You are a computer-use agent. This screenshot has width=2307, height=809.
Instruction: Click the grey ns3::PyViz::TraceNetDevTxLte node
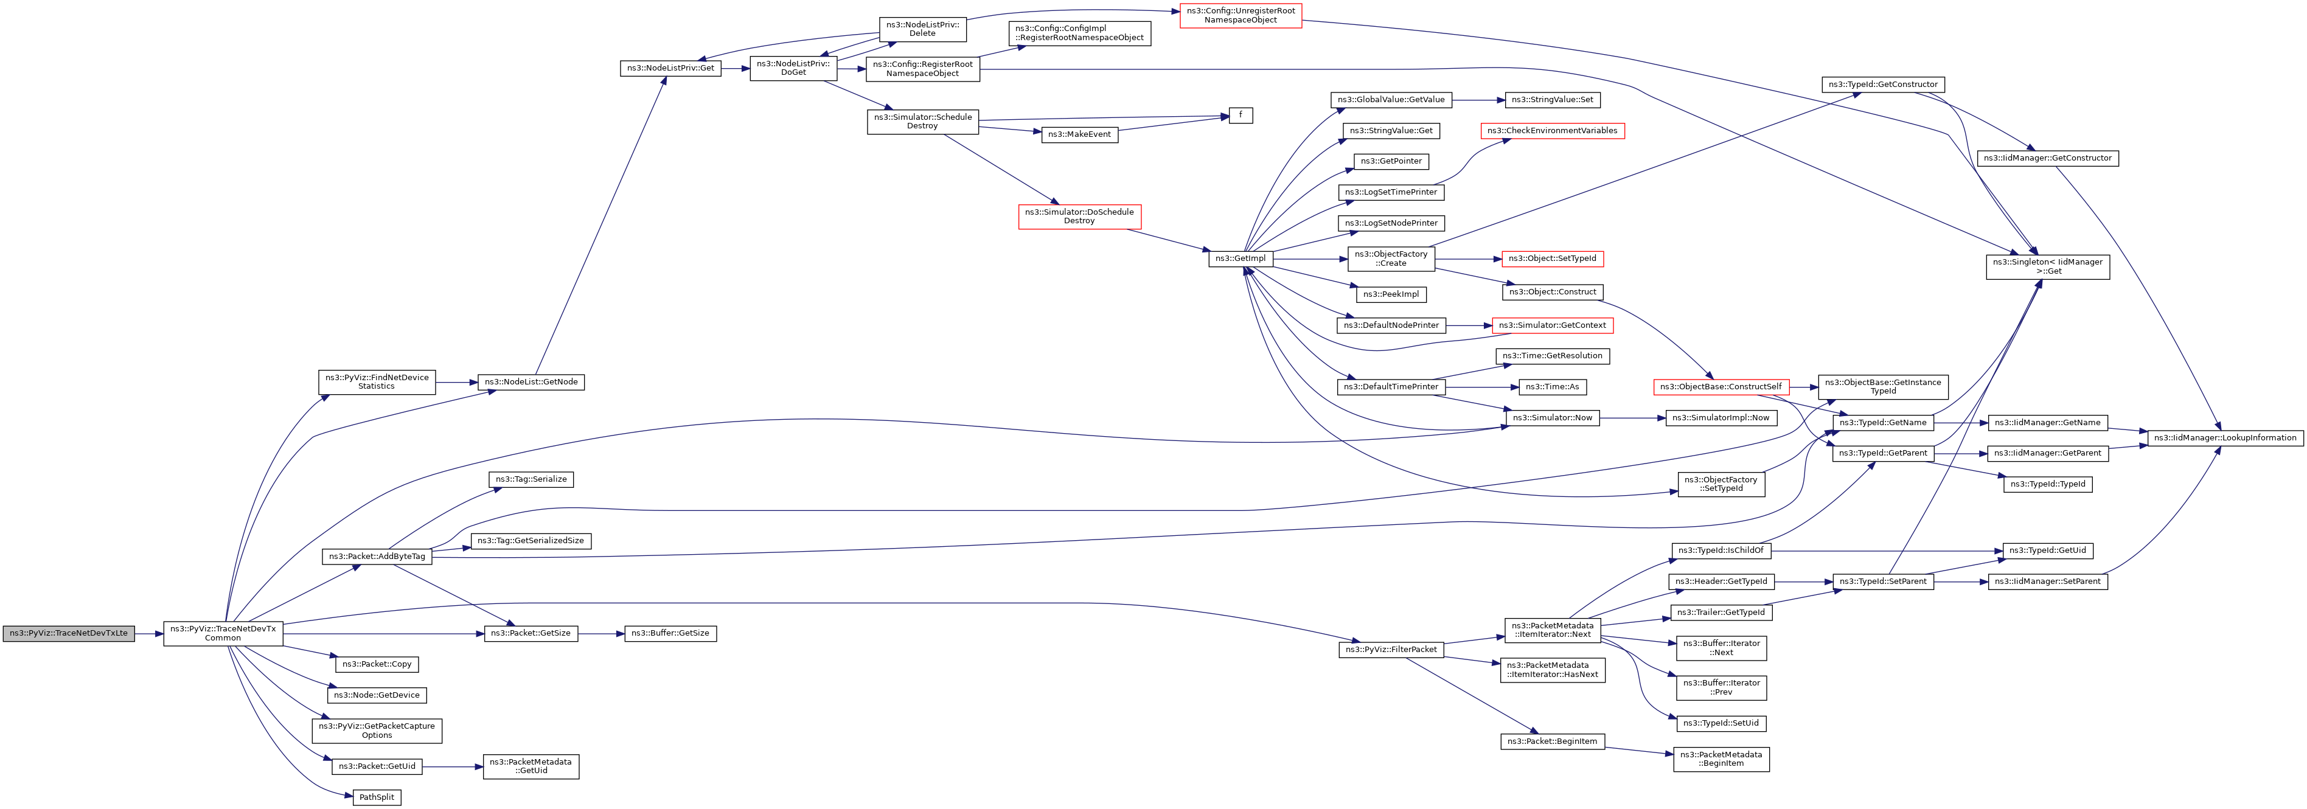[68, 634]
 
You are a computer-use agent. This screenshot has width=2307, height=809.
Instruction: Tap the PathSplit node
[376, 797]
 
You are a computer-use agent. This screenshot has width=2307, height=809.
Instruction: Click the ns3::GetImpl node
[1240, 259]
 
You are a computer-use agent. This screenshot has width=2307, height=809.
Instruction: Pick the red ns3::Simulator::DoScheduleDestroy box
[1079, 217]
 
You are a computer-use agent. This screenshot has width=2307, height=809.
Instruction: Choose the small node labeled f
[1240, 116]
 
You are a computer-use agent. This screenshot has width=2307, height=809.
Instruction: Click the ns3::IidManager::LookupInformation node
[2225, 437]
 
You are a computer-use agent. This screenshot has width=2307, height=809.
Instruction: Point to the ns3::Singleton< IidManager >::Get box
[2047, 266]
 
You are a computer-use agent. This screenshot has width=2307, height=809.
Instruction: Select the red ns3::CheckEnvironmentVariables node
[1552, 131]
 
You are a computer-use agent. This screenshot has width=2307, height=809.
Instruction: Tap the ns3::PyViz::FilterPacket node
[1391, 650]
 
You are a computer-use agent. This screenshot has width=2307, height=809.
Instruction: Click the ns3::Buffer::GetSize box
[670, 634]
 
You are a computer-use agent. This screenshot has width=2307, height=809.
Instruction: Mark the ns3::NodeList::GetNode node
[531, 382]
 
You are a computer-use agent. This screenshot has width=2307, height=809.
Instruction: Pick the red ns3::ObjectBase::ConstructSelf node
[1721, 387]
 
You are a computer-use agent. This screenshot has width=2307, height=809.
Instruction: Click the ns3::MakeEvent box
[1079, 134]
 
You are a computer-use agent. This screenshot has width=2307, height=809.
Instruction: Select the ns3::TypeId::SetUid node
[1721, 723]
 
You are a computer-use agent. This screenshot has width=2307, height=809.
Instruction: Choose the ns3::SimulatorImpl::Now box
[1721, 418]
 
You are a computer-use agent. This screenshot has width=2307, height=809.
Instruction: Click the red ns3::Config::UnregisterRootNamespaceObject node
[1240, 15]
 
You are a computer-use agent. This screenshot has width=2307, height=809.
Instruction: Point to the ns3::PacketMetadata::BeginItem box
[1721, 759]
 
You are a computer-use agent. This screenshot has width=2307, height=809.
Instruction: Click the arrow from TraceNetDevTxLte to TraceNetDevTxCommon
[148, 634]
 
